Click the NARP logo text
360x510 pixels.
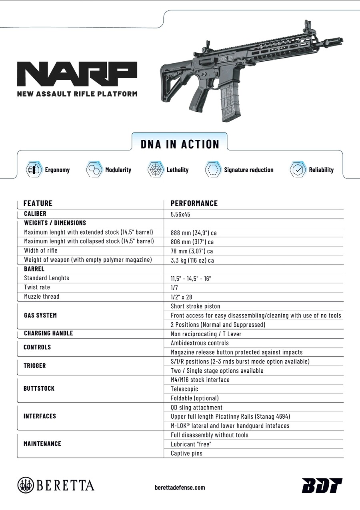pyautogui.click(x=77, y=75)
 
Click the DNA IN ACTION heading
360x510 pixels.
pyautogui.click(x=180, y=144)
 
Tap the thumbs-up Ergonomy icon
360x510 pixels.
pyautogui.click(x=34, y=170)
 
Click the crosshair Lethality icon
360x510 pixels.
pyautogui.click(x=156, y=170)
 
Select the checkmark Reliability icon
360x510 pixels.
pyautogui.click(x=298, y=170)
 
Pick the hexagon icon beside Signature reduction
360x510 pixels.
pyautogui.click(x=213, y=170)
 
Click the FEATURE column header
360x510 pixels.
pyautogui.click(x=38, y=203)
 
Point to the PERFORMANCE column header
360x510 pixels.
pyautogui.click(x=194, y=203)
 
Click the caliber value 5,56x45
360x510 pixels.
pyautogui.click(x=180, y=214)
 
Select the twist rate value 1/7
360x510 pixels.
pyautogui.click(x=175, y=287)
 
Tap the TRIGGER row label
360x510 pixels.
pyautogui.click(x=35, y=366)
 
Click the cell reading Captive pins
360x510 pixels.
pyautogui.click(x=186, y=453)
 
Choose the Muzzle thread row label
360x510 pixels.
pyautogui.click(x=42, y=297)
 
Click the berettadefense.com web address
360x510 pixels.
pyautogui.click(x=180, y=487)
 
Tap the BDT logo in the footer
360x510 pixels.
pyautogui.click(x=322, y=485)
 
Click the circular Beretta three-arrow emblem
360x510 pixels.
pyautogui.click(x=26, y=485)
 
